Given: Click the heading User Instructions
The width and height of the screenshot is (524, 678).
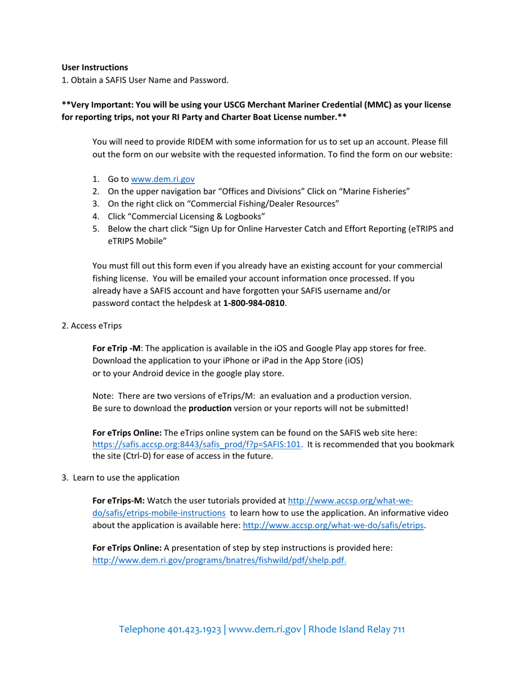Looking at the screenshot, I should (x=94, y=67).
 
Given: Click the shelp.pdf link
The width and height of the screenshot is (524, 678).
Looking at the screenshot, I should (x=219, y=561).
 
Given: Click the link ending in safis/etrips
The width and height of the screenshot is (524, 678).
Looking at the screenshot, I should (x=334, y=525).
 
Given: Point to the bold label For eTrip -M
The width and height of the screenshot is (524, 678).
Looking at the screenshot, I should (x=117, y=348).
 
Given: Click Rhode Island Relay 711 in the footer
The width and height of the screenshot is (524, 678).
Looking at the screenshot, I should (x=356, y=629).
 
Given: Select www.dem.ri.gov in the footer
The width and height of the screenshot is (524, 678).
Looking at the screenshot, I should (x=264, y=629).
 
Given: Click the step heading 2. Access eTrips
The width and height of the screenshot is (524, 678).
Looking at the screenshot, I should (x=92, y=325).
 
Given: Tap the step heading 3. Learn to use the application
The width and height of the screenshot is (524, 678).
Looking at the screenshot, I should (x=120, y=477).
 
